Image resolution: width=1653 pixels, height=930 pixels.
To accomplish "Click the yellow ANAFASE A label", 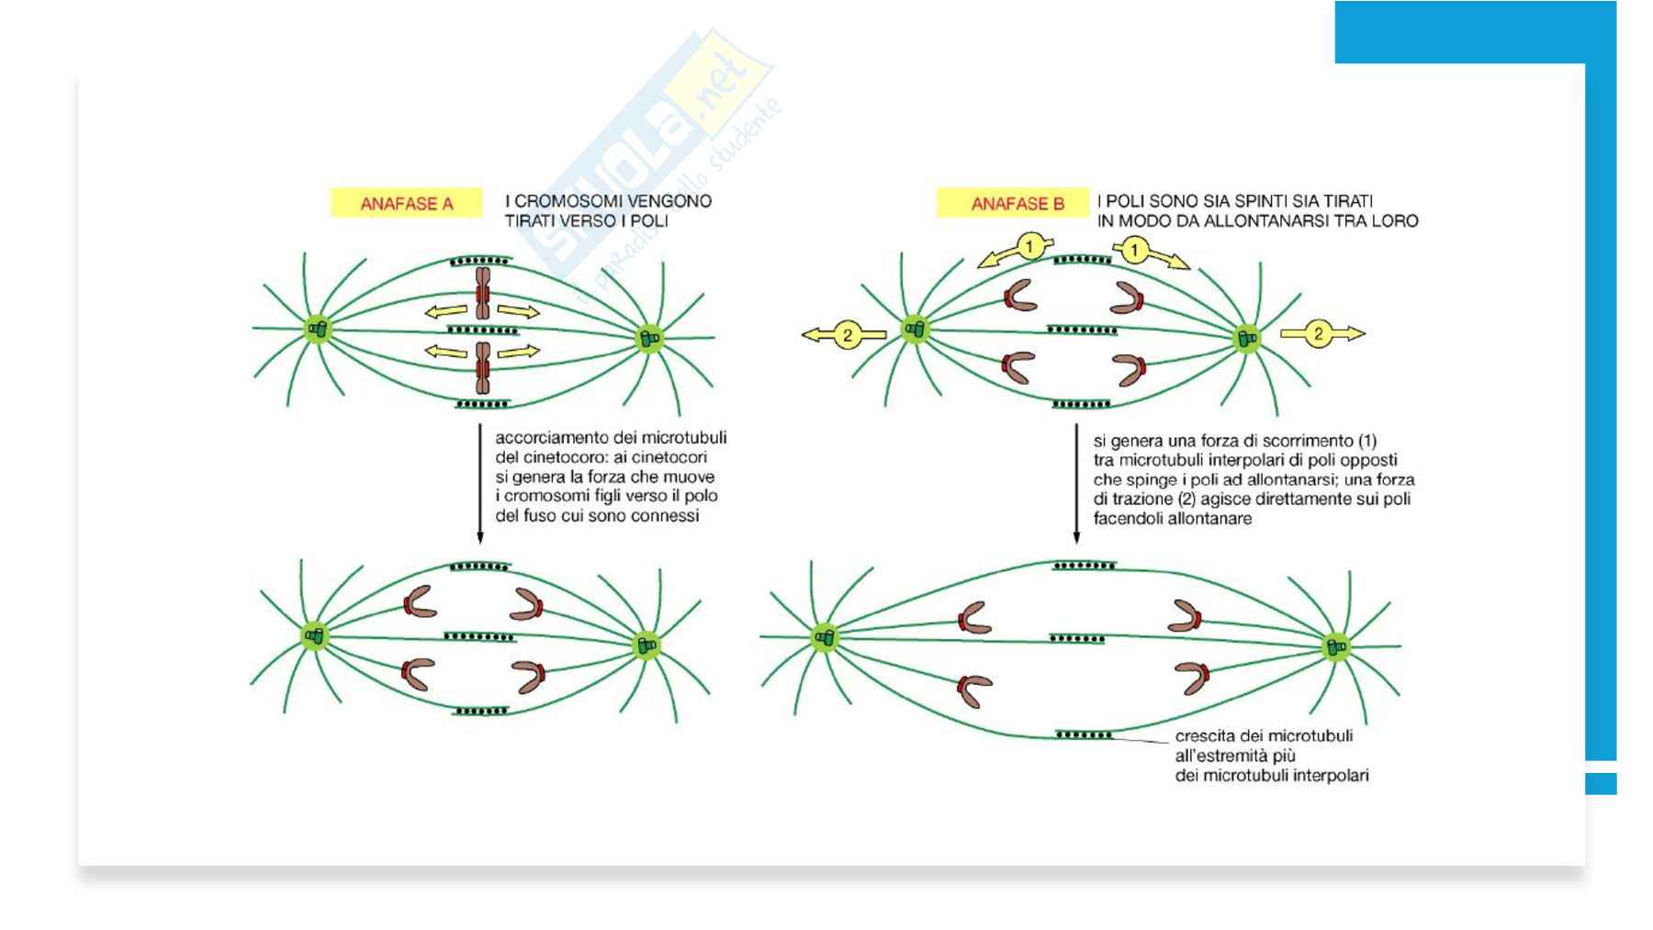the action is pyautogui.click(x=406, y=203).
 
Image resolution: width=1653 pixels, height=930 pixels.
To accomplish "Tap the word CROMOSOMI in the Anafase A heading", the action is pyautogui.click(x=563, y=201).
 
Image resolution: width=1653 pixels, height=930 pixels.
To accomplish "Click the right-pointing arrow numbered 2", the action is pyautogui.click(x=1322, y=333).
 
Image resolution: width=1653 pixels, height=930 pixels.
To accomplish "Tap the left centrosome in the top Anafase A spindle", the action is pyautogui.click(x=318, y=329).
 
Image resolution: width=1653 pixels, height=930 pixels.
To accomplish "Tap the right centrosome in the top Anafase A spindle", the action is pyautogui.click(x=649, y=338).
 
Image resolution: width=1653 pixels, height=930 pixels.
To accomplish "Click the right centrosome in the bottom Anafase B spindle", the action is pyautogui.click(x=1336, y=647).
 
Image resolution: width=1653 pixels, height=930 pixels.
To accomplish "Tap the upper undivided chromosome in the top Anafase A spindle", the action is pyautogui.click(x=482, y=294).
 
